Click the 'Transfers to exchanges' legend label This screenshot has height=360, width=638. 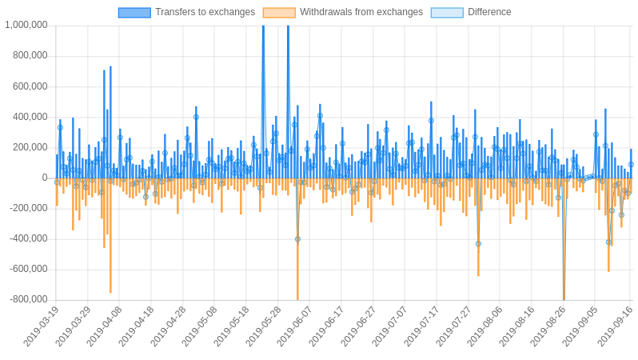205,12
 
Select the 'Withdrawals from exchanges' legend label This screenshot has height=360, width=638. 361,12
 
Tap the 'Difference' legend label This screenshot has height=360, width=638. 489,12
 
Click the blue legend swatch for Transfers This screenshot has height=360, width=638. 134,12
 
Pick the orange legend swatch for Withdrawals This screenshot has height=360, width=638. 279,12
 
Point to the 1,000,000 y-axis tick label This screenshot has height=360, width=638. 26,25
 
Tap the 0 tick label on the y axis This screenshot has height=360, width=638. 45,178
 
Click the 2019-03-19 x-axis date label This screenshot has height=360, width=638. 42,326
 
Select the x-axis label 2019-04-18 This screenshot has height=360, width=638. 137,326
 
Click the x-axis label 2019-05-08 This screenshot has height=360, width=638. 200,326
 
